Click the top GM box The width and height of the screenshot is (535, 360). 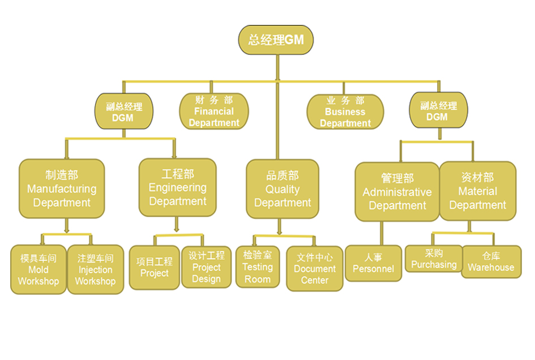[276, 40]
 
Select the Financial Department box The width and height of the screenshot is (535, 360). [214, 111]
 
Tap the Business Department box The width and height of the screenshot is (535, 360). [345, 112]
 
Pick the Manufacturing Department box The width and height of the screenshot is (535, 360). [62, 188]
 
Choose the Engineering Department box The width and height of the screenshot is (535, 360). [178, 187]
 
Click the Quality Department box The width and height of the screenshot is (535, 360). [283, 189]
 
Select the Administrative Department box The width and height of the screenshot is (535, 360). [397, 192]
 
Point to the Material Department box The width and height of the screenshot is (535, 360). [478, 191]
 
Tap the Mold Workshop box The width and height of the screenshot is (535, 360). [38, 269]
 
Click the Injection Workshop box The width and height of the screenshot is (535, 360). [95, 269]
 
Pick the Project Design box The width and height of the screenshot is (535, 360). [206, 267]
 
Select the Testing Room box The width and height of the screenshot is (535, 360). [258, 267]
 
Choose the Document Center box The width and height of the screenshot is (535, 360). [314, 268]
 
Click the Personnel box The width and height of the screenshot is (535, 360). [373, 263]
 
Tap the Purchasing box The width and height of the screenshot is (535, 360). [434, 259]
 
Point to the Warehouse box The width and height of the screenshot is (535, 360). [491, 262]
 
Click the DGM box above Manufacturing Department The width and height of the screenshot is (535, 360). [123, 112]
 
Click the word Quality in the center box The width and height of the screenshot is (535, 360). [283, 190]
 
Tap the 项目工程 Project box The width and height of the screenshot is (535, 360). [155, 267]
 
